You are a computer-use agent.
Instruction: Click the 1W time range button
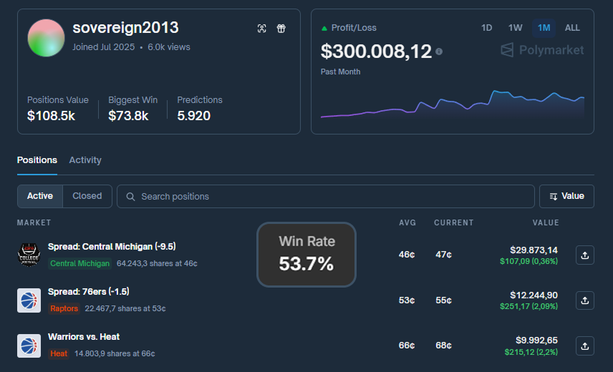pos(515,28)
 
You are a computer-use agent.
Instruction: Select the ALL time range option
pos(572,28)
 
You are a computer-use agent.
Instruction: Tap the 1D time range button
pos(487,28)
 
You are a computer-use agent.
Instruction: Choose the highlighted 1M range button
pos(544,28)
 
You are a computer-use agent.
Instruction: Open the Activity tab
pos(85,160)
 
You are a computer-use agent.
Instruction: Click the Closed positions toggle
pos(87,196)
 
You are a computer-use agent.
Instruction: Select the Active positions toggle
pos(40,196)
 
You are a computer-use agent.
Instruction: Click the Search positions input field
pos(326,196)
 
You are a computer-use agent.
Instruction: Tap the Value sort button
pos(566,196)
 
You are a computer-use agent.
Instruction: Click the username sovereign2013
pos(125,28)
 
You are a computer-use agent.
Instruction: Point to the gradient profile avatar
pos(46,38)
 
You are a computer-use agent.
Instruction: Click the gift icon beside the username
pos(281,29)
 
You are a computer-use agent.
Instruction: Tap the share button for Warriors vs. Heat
pos(584,346)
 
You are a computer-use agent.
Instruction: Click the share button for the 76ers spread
pos(584,300)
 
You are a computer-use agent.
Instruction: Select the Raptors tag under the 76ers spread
pos(64,309)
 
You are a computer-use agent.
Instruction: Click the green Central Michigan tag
pos(79,263)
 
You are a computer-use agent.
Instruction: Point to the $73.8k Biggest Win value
pos(128,115)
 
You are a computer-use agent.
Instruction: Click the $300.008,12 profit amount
pos(376,52)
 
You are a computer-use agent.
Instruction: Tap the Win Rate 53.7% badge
pos(306,255)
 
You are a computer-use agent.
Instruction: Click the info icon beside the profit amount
pos(439,52)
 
